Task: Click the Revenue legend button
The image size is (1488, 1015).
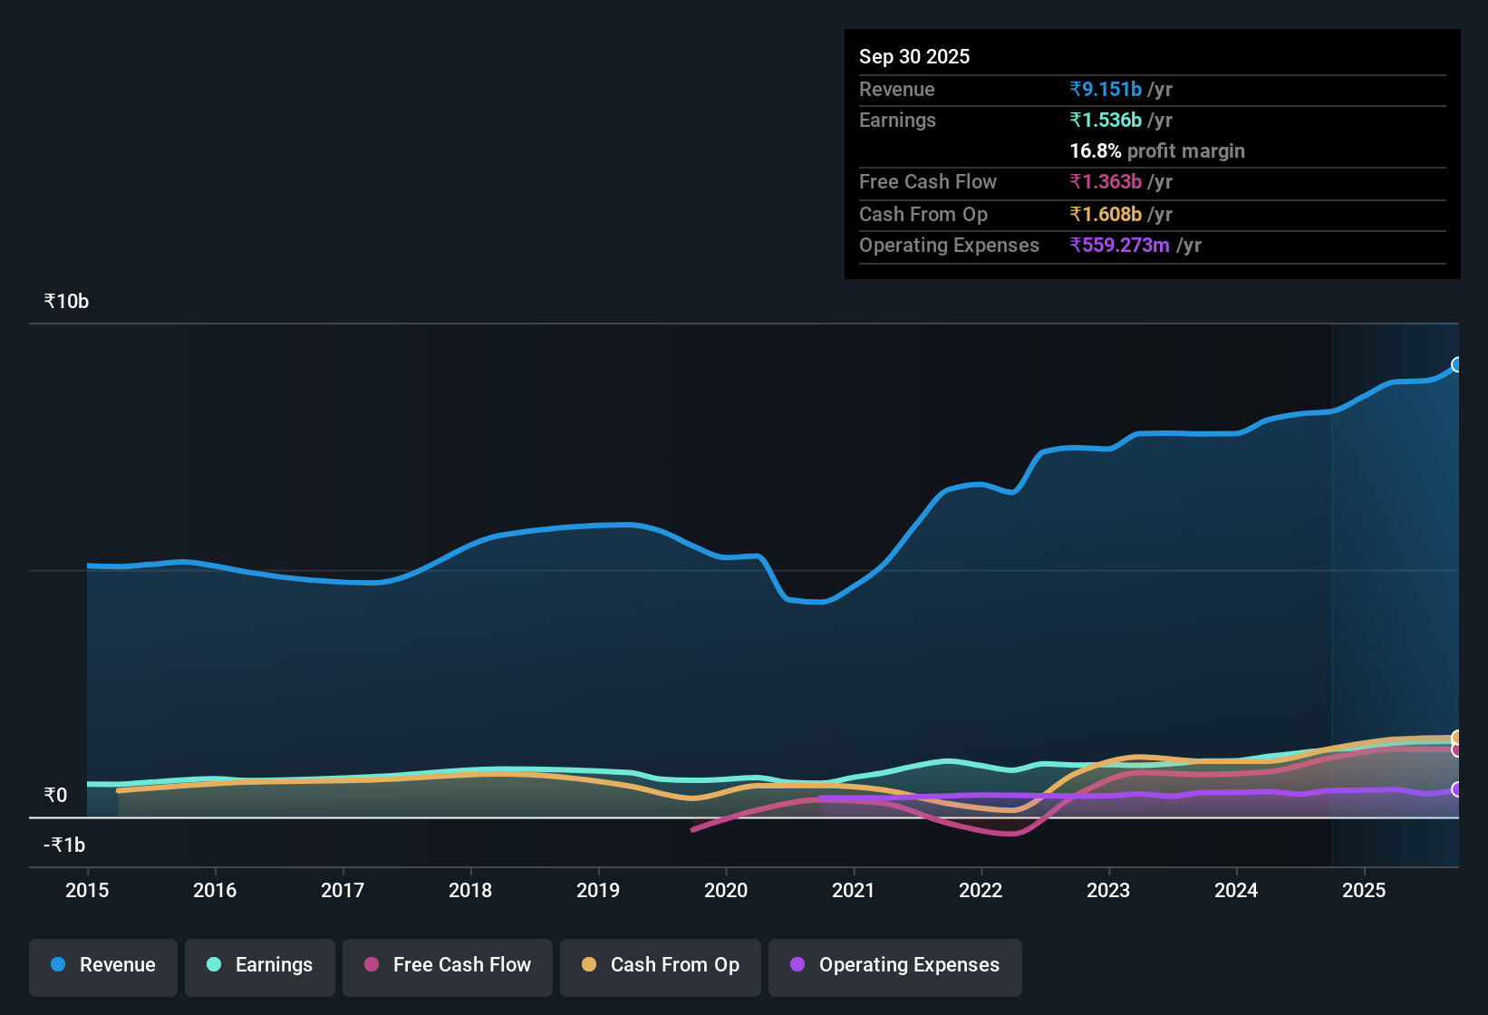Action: (x=103, y=965)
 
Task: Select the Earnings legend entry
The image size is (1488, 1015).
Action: (x=260, y=965)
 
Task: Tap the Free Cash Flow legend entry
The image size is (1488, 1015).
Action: (x=448, y=965)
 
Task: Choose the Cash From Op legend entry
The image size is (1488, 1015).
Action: (x=661, y=965)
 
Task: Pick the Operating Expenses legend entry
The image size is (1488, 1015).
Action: (x=895, y=965)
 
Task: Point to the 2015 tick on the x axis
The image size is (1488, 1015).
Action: (x=87, y=891)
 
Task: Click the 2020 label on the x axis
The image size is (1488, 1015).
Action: (x=726, y=891)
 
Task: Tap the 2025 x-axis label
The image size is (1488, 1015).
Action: (x=1364, y=891)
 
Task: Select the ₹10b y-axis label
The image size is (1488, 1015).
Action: (x=66, y=302)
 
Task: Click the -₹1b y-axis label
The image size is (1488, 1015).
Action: (x=64, y=846)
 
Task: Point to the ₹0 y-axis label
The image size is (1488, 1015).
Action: (x=55, y=796)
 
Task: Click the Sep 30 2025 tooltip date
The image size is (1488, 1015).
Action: (x=914, y=57)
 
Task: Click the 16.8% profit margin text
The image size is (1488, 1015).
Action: (x=1157, y=151)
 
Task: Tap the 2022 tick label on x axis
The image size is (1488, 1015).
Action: (x=981, y=891)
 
